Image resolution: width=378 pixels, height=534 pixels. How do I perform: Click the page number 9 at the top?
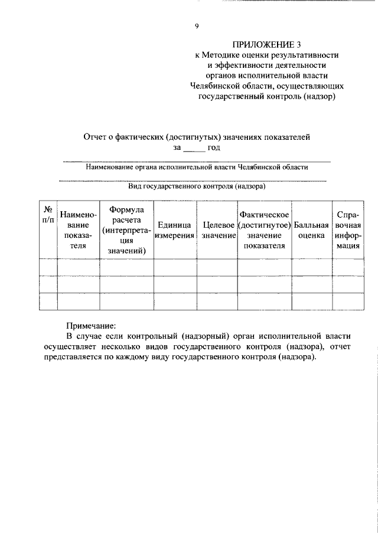(197, 26)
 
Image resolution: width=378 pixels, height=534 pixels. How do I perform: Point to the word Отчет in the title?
(96, 137)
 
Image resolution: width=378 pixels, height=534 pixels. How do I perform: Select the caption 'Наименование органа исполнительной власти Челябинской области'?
(197, 167)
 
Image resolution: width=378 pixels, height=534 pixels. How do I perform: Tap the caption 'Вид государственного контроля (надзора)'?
(197, 186)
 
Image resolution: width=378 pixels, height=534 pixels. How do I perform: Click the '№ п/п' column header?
(48, 215)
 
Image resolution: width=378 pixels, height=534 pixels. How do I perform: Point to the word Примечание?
(91, 326)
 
